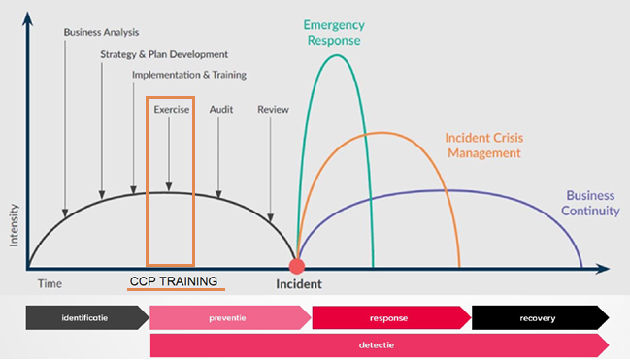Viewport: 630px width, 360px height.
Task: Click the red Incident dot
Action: point(297,266)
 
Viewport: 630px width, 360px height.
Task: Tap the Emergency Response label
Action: point(333,32)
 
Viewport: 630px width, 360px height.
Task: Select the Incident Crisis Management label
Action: point(483,146)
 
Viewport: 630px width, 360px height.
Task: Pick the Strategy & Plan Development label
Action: point(164,54)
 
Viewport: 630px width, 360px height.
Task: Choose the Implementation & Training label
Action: point(189,75)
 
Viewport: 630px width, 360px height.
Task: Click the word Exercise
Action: point(172,110)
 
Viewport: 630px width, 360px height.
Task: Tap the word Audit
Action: point(220,110)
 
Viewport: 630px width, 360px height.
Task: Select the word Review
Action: point(273,110)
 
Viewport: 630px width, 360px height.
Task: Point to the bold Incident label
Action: point(297,285)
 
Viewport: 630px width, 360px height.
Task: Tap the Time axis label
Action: point(50,283)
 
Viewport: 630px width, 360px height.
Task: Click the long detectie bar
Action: point(379,344)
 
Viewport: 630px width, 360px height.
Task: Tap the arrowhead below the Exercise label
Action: point(169,187)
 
